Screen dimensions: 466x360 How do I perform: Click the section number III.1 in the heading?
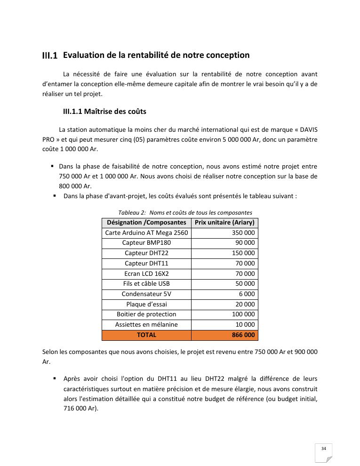click(49, 56)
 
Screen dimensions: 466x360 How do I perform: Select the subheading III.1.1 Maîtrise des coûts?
click(104, 112)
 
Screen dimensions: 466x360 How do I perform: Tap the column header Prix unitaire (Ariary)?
click(224, 223)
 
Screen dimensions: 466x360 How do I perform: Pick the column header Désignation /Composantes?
click(146, 223)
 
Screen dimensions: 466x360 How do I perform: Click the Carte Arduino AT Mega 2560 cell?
click(146, 233)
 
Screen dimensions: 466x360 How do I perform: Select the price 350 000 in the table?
click(243, 233)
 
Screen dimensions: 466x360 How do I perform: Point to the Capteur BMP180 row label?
click(146, 243)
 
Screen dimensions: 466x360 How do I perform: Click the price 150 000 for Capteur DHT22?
click(243, 253)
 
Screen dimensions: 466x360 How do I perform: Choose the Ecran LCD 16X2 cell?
click(146, 273)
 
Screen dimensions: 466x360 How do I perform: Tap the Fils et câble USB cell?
click(146, 284)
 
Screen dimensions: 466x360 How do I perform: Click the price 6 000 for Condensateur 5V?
click(247, 294)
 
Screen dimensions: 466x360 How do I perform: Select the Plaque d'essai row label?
click(146, 304)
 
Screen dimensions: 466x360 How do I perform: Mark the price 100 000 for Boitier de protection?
click(243, 314)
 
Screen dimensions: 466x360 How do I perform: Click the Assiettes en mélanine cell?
click(146, 325)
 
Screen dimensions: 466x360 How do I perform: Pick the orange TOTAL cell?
click(146, 335)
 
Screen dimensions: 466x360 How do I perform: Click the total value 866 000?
click(243, 335)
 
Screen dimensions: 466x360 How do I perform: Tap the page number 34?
click(323, 449)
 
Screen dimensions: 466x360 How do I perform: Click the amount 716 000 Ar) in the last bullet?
click(81, 409)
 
